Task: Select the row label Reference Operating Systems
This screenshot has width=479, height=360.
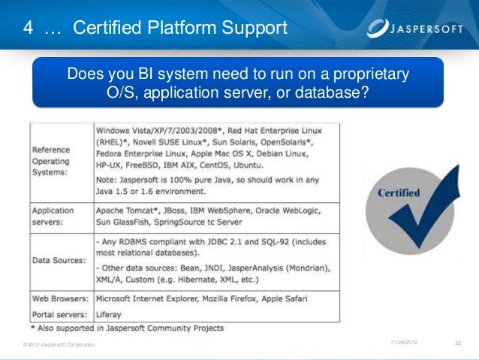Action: coord(51,161)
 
